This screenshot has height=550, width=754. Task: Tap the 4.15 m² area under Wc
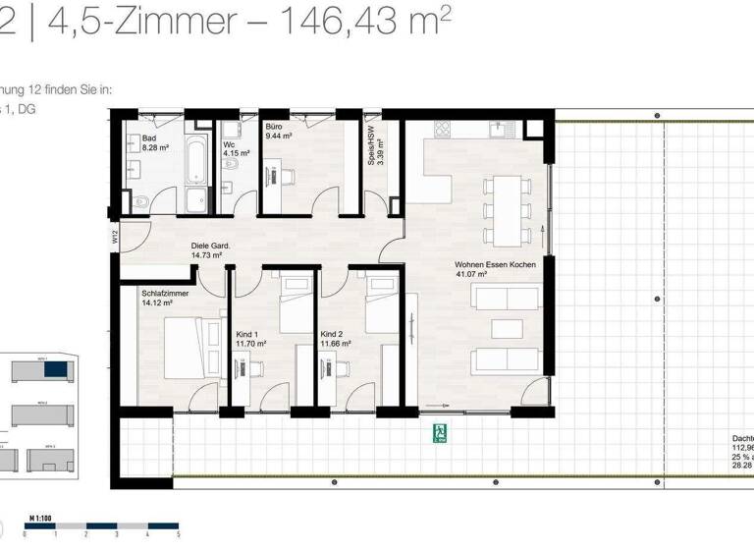click(237, 153)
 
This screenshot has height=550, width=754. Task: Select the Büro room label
click(274, 128)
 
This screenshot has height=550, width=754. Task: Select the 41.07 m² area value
click(472, 276)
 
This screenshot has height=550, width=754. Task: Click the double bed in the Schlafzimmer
click(187, 347)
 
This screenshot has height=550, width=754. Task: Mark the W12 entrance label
click(115, 237)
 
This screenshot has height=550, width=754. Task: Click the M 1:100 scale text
click(40, 517)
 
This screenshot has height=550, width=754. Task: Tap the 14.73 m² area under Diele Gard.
click(206, 256)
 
